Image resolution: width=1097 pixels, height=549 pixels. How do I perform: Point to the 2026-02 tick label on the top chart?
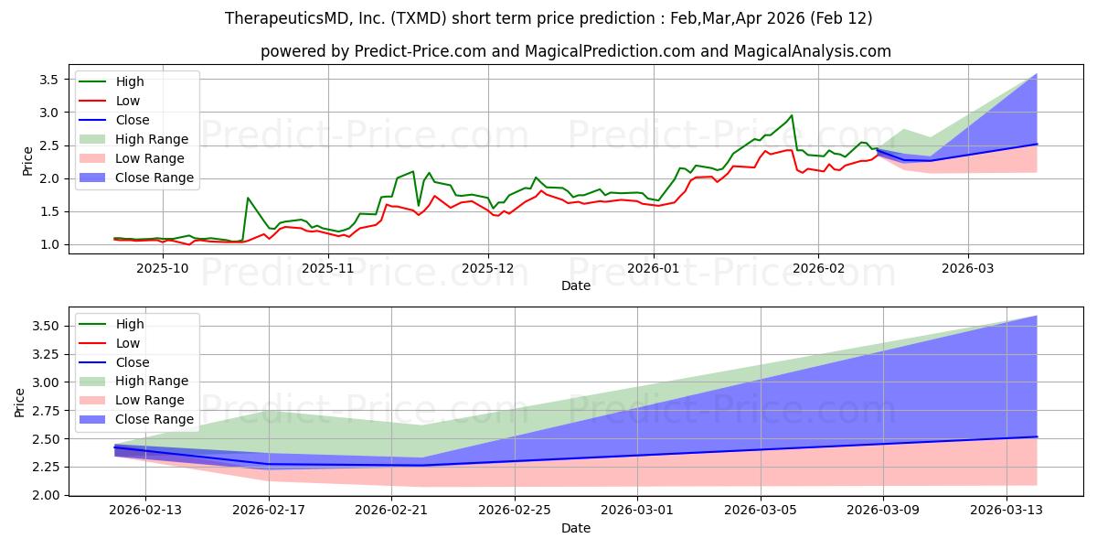tap(817, 268)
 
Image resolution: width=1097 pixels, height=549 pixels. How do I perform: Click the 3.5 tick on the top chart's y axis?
tap(48, 80)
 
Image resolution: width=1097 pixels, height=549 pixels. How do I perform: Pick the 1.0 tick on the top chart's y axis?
tap(48, 244)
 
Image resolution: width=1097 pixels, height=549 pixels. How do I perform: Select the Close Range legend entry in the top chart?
tap(154, 178)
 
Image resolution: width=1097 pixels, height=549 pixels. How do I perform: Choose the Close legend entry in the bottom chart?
tap(133, 362)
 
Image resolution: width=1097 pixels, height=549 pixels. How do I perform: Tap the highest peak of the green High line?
tap(792, 115)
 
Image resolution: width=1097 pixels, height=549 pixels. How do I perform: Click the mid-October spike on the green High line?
tap(248, 198)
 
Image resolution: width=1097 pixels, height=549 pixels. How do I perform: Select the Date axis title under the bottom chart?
tap(576, 528)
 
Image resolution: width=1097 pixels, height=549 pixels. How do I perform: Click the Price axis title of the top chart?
tap(27, 161)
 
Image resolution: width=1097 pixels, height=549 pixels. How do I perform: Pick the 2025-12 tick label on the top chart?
tap(488, 268)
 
